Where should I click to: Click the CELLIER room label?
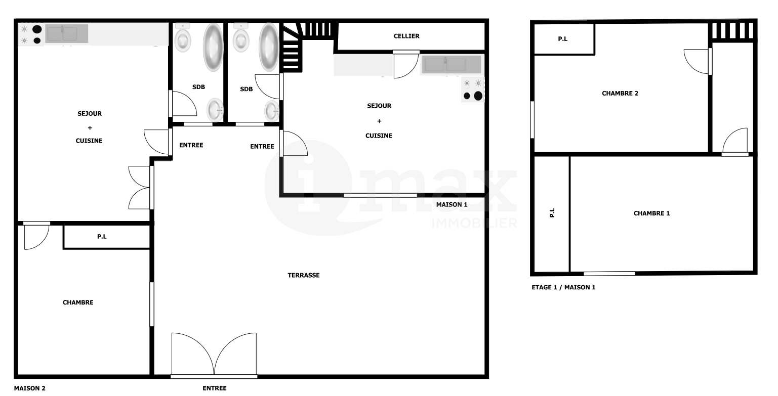[406, 36]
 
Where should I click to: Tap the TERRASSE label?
[304, 275]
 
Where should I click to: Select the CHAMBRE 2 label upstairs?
[620, 94]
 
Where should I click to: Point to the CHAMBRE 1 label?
[651, 213]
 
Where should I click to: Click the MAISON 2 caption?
[30, 388]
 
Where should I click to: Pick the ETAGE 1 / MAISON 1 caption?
[563, 287]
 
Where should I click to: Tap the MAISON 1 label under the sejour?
[452, 205]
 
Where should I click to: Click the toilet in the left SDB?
[182, 37]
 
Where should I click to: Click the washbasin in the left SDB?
[215, 110]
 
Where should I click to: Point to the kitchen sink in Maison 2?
[66, 34]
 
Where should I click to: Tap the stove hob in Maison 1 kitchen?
[473, 90]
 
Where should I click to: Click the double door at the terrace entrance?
[214, 355]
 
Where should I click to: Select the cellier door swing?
[406, 65]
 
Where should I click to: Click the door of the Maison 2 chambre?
[36, 236]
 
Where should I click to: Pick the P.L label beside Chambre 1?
[552, 213]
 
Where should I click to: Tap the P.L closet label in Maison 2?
[102, 237]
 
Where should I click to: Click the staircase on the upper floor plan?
[732, 31]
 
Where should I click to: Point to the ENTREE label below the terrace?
[215, 388]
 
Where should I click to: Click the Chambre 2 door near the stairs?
[698, 61]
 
